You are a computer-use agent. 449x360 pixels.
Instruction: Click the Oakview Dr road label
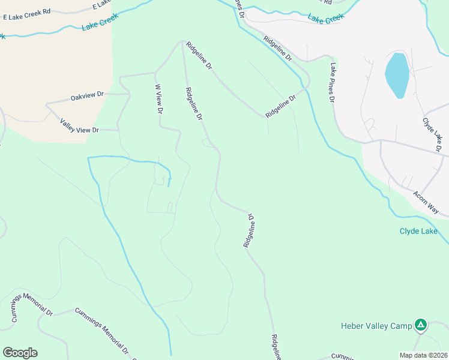click(x=87, y=96)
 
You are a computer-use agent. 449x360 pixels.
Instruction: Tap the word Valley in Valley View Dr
click(x=70, y=124)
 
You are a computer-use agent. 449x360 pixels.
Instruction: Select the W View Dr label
click(x=159, y=99)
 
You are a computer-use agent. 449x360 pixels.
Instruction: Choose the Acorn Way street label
click(x=426, y=202)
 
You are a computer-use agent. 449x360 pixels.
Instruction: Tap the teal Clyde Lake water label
click(x=418, y=231)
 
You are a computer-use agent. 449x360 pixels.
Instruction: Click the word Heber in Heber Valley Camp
click(x=353, y=326)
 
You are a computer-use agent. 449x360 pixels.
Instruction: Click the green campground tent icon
click(x=421, y=325)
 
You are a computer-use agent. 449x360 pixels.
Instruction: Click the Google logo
click(x=20, y=353)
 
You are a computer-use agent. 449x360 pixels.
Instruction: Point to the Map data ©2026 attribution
click(x=424, y=355)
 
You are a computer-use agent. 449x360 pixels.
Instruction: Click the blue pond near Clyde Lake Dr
click(x=396, y=75)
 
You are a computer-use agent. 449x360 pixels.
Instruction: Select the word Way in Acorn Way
click(x=433, y=208)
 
